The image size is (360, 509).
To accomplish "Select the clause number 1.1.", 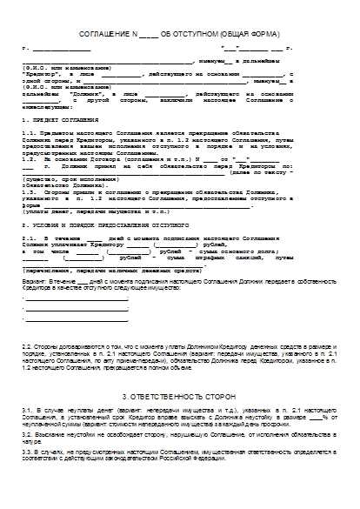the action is point(29,131).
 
